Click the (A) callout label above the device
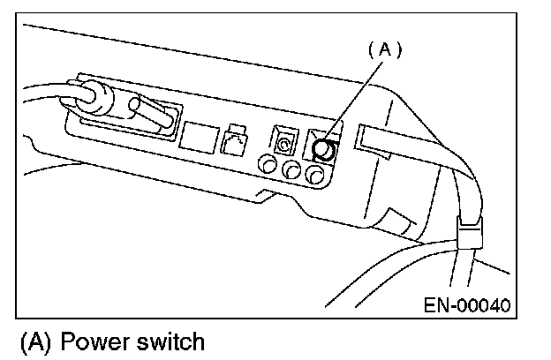[384, 50]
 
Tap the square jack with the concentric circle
[282, 139]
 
